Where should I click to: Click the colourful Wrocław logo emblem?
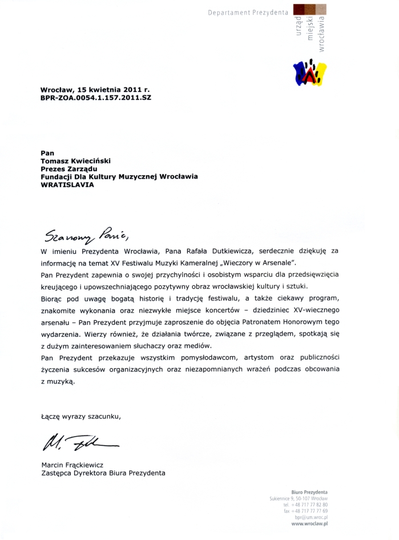(x=309, y=71)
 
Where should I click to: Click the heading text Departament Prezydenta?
(x=248, y=12)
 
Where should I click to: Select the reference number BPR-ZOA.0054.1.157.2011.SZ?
(x=95, y=98)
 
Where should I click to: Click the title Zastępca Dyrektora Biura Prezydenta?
(x=103, y=473)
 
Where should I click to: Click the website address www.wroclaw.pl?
(x=309, y=523)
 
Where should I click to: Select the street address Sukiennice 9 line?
(x=299, y=499)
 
